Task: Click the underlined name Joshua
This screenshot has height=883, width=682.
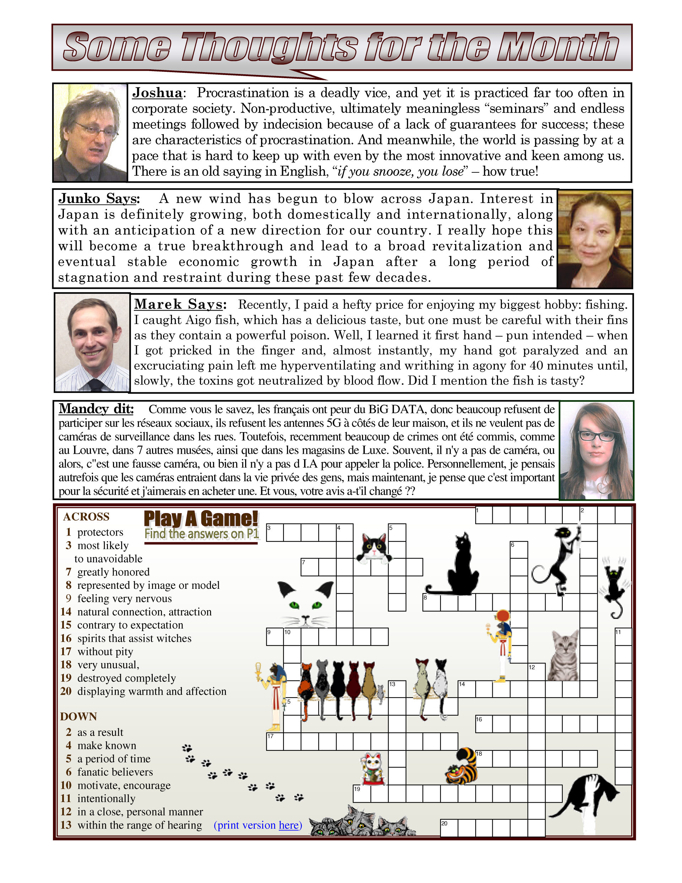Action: tap(157, 93)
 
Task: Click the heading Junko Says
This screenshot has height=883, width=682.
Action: tap(99, 199)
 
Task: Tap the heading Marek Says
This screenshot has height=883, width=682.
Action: tap(180, 304)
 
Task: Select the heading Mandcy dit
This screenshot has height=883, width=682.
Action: tap(96, 409)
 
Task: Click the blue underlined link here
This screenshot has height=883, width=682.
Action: tap(289, 825)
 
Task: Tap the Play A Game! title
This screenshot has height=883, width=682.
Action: tap(201, 518)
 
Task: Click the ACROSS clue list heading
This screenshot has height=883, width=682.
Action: tap(86, 517)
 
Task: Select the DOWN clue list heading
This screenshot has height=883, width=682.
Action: tap(79, 716)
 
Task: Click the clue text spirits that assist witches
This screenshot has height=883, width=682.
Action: tap(134, 639)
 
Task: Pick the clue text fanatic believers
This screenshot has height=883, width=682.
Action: tap(115, 772)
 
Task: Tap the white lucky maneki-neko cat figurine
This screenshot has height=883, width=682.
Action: tap(372, 769)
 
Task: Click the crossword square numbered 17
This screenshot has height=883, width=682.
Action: tap(275, 742)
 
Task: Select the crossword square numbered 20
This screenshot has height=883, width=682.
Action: tap(449, 828)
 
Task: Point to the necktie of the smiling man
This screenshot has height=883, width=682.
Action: tap(96, 384)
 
